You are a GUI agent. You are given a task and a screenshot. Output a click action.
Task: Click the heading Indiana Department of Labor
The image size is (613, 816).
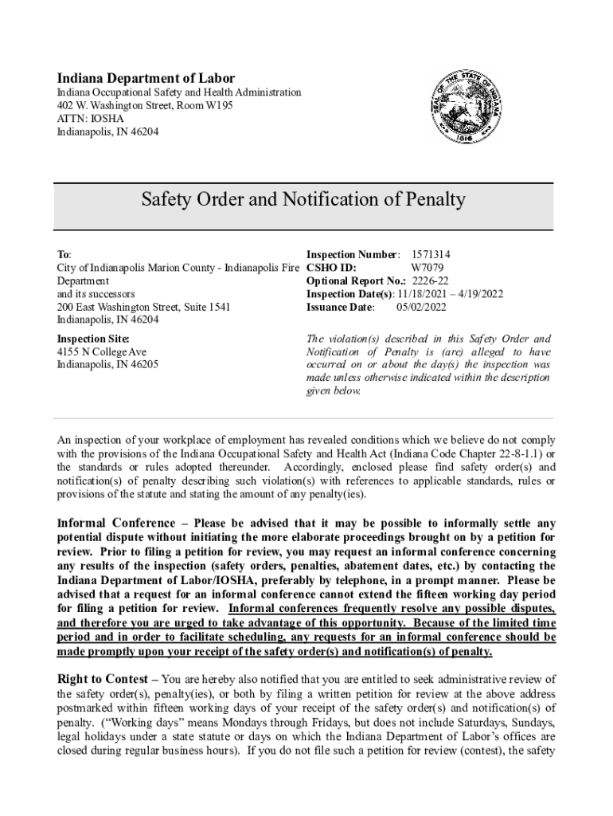[x=146, y=78]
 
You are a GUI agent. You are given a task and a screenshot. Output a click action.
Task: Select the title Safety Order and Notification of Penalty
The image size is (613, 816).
[x=303, y=199]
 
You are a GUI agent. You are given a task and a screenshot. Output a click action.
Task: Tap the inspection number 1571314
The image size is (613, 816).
[x=435, y=254]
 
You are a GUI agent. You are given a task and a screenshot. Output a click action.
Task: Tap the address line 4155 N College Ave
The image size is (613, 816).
[x=102, y=352]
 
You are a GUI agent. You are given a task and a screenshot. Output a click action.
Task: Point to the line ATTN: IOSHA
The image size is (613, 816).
[x=90, y=119]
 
